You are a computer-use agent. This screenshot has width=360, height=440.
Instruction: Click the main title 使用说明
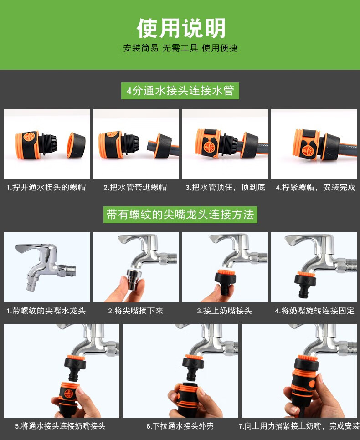pyautogui.click(x=181, y=28)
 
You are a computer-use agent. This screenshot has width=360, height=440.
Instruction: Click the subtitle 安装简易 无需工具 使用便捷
pyautogui.click(x=180, y=48)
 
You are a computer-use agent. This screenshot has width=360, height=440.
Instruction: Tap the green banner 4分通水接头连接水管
pyautogui.click(x=180, y=91)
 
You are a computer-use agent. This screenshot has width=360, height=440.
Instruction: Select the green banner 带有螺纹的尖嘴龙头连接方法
pyautogui.click(x=180, y=215)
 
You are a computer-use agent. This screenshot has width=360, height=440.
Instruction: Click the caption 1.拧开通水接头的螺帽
pyautogui.click(x=46, y=187)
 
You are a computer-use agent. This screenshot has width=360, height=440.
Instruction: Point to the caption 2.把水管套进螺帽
pyautogui.click(x=135, y=187)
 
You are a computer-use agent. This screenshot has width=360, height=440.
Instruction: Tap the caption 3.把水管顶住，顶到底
pyautogui.click(x=225, y=187)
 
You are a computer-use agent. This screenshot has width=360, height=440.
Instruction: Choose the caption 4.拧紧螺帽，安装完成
pyautogui.click(x=315, y=187)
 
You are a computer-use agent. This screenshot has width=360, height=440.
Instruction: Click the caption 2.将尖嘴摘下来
pyautogui.click(x=136, y=311)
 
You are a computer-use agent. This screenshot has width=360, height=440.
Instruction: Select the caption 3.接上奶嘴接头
pyautogui.click(x=224, y=311)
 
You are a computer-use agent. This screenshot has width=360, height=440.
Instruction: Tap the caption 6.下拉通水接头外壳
pyautogui.click(x=180, y=426)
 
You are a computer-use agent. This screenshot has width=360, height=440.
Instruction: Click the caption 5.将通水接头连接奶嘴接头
pyautogui.click(x=60, y=426)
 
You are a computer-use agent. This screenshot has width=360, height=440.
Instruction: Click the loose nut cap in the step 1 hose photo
pyautogui.click(x=76, y=145)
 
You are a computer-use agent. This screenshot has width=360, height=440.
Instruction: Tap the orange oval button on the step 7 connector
pyautogui.click(x=311, y=384)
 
